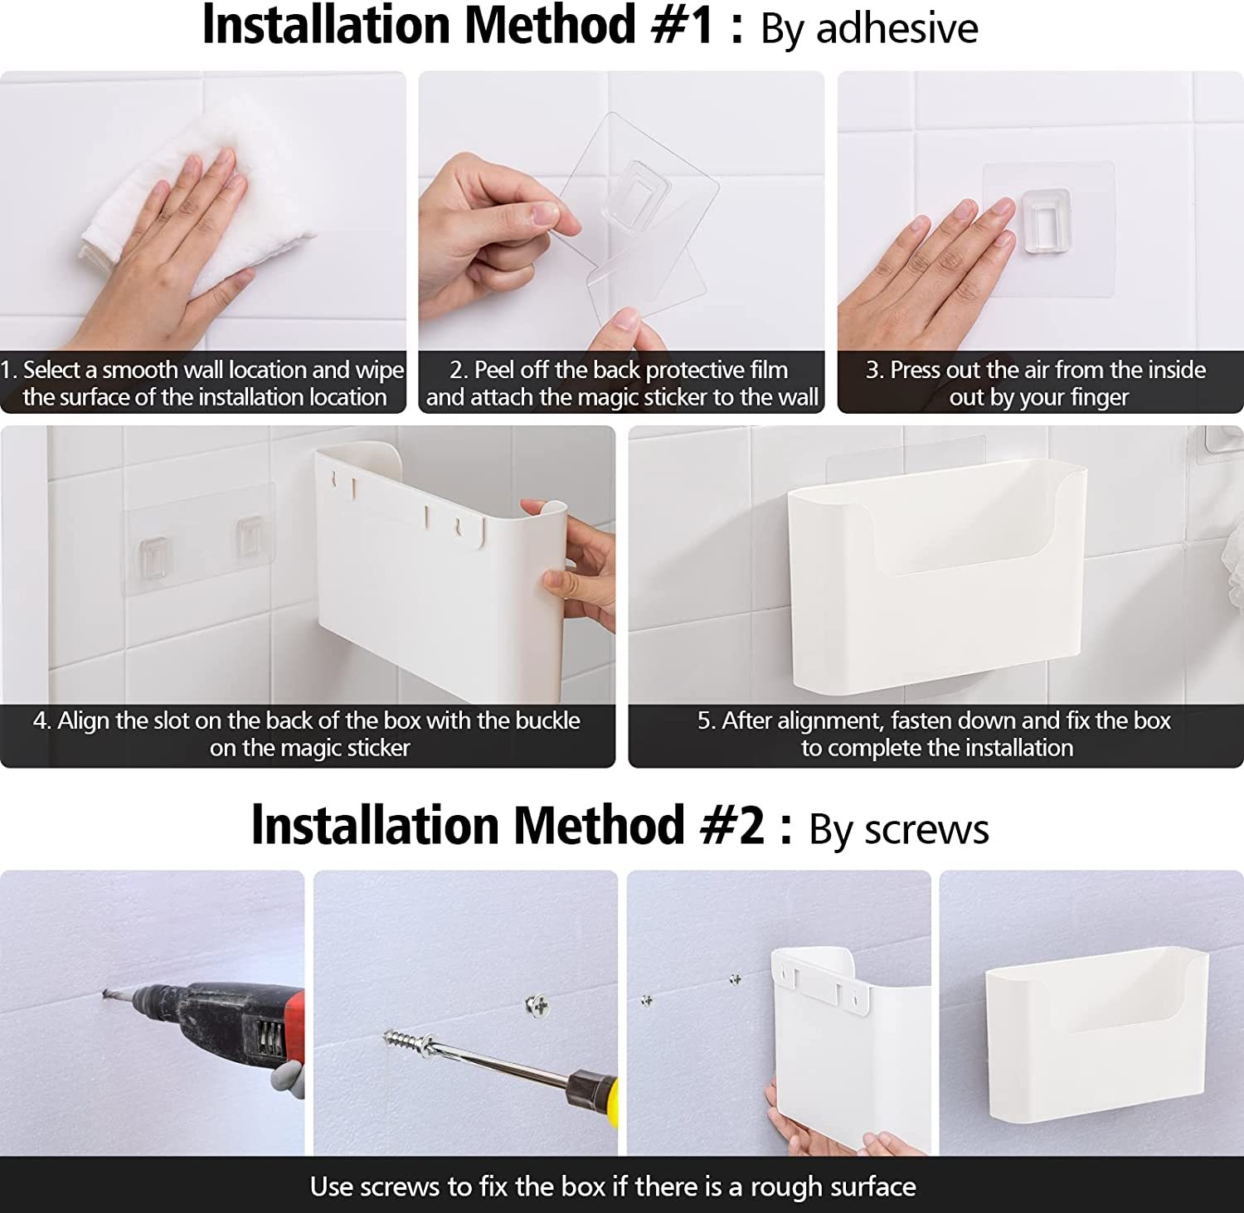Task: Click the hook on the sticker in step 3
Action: click(1047, 221)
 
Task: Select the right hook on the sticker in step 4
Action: click(250, 536)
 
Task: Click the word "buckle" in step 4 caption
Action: click(547, 721)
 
